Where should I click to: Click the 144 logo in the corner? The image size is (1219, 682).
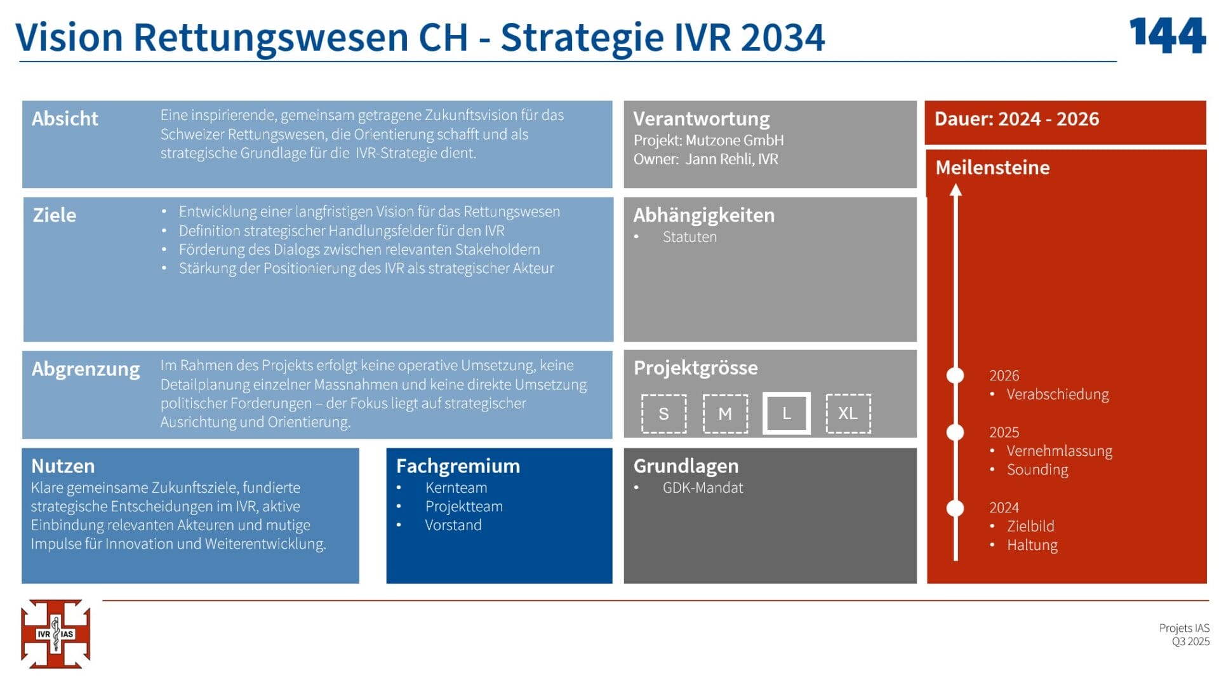1168,36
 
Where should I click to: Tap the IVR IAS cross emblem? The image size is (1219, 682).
56,634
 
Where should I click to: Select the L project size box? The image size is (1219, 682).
786,413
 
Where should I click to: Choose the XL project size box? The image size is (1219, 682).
848,413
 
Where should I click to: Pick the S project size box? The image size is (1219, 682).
663,413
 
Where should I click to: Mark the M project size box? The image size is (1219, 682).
725,413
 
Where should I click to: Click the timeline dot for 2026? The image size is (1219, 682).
955,375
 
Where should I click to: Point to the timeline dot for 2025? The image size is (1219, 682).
955,432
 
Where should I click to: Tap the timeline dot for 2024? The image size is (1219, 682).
955,508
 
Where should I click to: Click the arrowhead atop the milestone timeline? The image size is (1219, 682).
956,190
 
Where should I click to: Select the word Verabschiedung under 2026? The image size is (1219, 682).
1058,394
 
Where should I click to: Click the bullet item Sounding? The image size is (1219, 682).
1037,470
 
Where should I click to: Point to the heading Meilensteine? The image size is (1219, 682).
992,168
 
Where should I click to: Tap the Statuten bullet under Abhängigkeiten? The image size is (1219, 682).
689,237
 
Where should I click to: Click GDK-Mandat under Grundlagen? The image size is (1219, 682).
703,488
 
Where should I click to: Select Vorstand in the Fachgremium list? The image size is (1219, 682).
453,525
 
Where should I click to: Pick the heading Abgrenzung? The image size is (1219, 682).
86,369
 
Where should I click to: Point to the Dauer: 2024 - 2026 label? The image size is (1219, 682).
1016,119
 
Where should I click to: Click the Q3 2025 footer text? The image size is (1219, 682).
1190,641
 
